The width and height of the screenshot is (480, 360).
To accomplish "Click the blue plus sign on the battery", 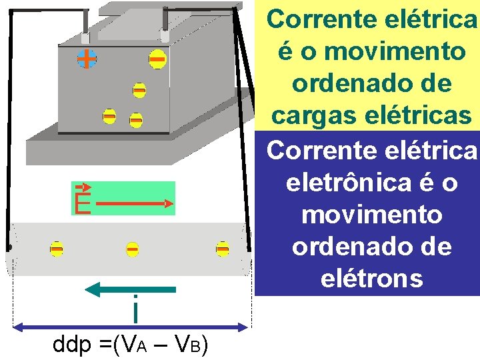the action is tap(85, 59).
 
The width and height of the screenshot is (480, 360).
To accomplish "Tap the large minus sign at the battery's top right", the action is tap(157, 61).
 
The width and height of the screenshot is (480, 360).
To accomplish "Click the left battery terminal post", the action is tap(85, 25).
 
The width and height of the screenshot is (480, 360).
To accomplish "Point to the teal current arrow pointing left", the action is tap(131, 289).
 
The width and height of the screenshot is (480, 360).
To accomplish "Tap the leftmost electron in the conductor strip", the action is tap(57, 249).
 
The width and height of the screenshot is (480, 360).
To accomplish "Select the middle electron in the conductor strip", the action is tap(133, 249).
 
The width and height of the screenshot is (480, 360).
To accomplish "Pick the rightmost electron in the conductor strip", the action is tap(223, 249).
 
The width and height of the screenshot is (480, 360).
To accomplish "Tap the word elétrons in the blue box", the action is tap(372, 278).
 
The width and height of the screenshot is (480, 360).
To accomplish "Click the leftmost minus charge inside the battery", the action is tap(109, 117).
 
